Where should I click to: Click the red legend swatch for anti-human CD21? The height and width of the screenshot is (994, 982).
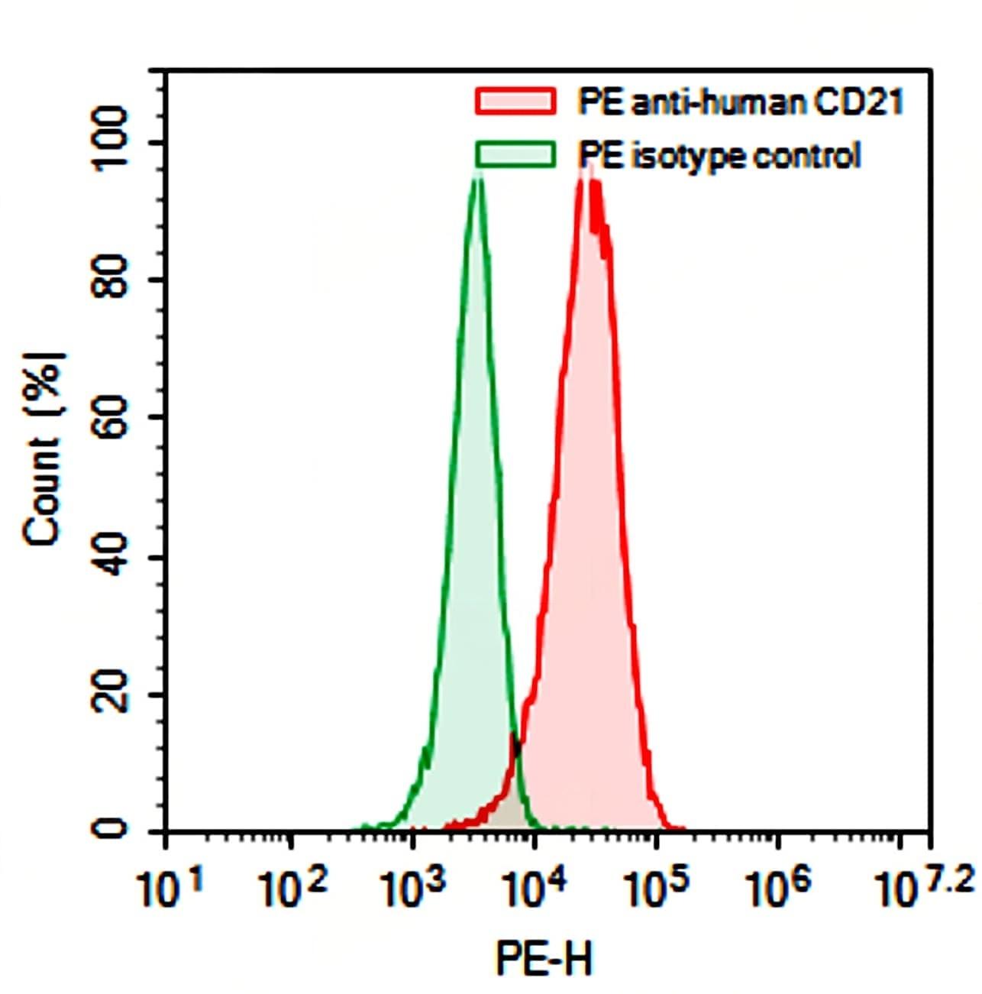515,102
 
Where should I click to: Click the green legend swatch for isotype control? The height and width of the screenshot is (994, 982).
515,154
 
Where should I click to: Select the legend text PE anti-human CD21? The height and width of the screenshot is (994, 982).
740,102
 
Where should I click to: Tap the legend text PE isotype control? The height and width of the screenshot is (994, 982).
719,155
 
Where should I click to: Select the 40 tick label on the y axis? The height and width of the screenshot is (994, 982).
108,556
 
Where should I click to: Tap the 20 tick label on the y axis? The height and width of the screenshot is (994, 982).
108,694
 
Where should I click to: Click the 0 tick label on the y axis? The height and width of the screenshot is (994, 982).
108,829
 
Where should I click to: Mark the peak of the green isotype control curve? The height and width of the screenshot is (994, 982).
478,177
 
